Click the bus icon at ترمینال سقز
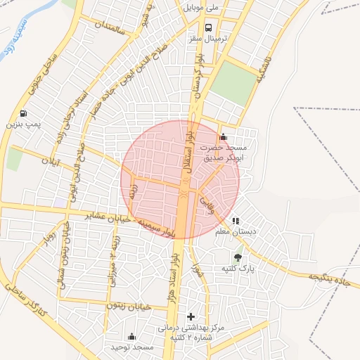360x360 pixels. (208, 27)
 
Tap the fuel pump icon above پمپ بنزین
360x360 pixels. (25, 113)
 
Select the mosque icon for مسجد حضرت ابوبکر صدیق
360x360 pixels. (224, 136)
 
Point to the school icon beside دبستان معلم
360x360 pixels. (236, 220)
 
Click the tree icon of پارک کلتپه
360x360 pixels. (238, 257)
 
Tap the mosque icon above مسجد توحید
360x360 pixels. (131, 336)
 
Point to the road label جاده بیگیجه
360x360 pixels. (330, 278)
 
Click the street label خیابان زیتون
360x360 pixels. (129, 306)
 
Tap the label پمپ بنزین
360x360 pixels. (25, 124)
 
